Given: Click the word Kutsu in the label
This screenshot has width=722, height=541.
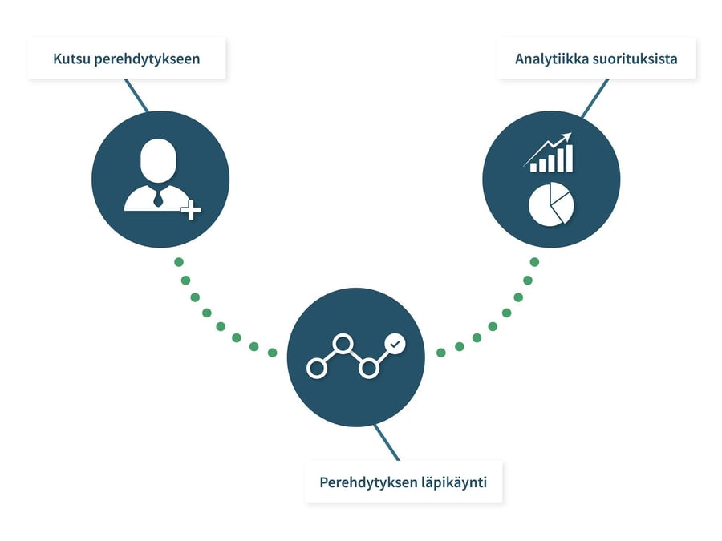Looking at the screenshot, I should [70, 59].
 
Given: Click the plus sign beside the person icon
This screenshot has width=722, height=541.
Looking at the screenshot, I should [190, 211].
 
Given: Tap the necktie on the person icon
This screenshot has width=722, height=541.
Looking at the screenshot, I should [159, 196].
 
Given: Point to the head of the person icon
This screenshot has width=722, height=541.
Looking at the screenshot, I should [157, 159].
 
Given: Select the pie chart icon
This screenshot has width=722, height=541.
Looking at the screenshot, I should [550, 204].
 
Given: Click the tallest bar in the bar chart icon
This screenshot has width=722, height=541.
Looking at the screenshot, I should [569, 158].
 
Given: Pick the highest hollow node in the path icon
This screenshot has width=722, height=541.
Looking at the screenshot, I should [343, 344].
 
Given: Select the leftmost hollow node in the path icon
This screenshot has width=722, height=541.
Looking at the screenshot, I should [317, 369].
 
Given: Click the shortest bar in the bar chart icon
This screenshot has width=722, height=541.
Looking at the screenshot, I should [533, 166].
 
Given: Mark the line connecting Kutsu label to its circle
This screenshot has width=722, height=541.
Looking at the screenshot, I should [136, 95].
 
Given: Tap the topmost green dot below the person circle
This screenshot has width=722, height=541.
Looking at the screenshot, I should [179, 262].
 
